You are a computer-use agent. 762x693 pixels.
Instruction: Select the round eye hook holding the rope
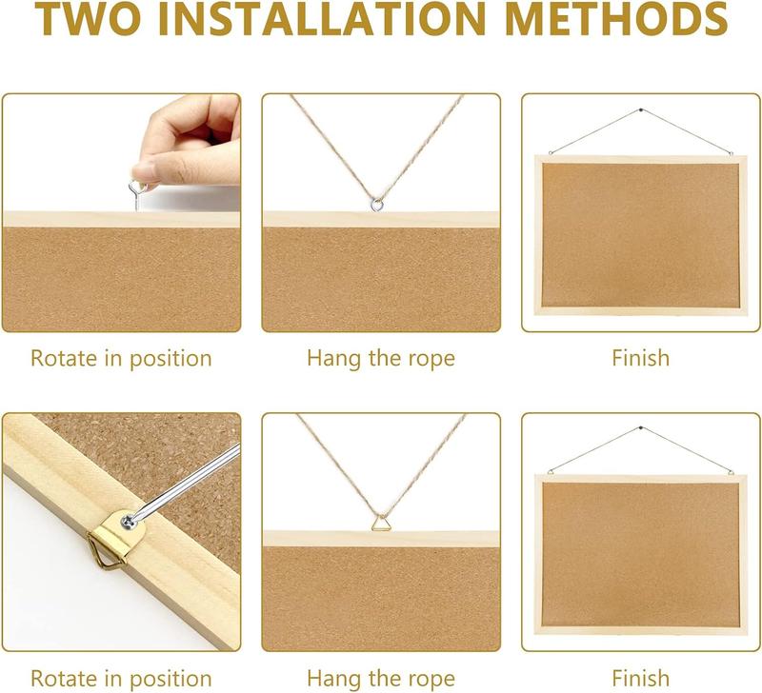click(377, 202)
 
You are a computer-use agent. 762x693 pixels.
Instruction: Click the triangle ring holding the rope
click(380, 523)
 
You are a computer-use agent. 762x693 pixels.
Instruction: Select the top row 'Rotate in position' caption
click(121, 359)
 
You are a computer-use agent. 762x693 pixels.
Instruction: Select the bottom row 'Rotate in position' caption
click(121, 679)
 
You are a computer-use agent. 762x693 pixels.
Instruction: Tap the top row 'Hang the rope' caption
click(381, 359)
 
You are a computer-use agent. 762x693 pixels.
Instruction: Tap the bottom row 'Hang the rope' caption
click(381, 679)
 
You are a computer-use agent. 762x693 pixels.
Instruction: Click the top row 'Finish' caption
click(641, 359)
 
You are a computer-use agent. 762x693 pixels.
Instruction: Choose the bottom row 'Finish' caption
click(641, 679)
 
